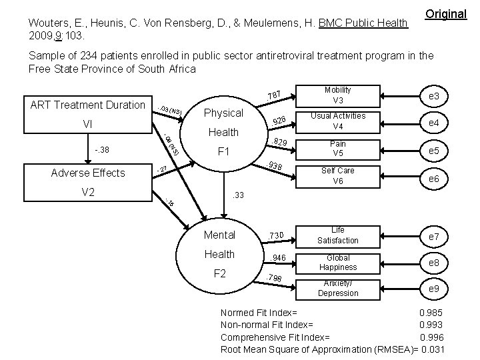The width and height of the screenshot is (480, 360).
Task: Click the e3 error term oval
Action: [x=433, y=97]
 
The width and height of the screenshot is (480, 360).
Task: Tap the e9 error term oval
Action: [x=433, y=288]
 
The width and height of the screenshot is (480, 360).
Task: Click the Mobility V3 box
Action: [x=338, y=95]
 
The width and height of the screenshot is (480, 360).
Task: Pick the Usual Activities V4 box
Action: [x=338, y=121]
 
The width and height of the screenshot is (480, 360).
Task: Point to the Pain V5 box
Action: [x=338, y=149]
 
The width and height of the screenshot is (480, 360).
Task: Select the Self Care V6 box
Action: [x=338, y=175]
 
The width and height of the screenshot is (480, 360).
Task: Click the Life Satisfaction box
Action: [x=338, y=235]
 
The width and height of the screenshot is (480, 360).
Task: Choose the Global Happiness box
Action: [x=338, y=262]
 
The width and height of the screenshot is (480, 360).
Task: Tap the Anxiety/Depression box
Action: [x=338, y=288]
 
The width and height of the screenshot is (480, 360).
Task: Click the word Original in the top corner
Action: [x=445, y=13]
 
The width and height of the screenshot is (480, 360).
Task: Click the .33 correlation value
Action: [x=237, y=196]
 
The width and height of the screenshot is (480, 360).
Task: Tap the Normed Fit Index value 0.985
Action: [x=431, y=313]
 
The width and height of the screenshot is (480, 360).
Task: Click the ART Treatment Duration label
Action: [x=87, y=105]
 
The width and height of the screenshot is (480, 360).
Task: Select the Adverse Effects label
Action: [x=88, y=173]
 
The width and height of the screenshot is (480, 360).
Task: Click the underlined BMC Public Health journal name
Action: [x=364, y=24]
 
